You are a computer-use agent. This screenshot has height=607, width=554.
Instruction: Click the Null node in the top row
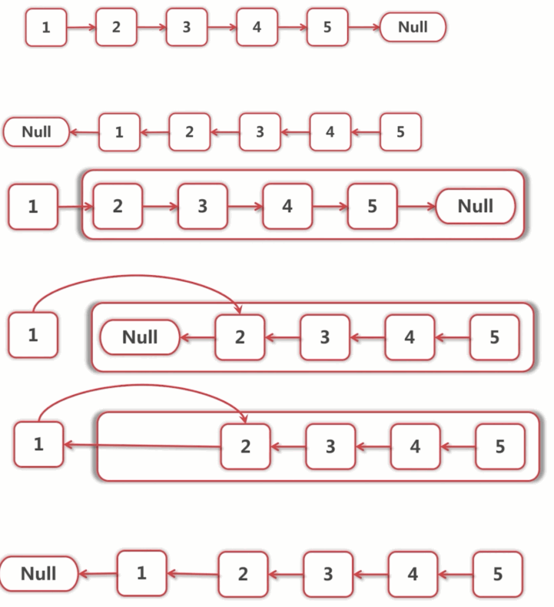tap(413, 28)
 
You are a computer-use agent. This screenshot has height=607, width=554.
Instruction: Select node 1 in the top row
tap(46, 28)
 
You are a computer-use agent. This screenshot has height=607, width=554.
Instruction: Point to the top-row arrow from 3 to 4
tap(222, 28)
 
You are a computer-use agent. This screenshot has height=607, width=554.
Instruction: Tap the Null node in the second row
tap(36, 131)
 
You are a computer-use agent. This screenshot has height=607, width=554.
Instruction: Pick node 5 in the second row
tap(400, 132)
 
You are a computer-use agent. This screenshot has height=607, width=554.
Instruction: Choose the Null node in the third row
tap(475, 206)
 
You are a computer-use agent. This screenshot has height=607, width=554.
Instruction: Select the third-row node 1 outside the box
tap(33, 207)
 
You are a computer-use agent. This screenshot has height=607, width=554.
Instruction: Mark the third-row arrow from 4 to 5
tap(330, 207)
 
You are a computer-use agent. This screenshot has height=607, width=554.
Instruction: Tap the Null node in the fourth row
tap(140, 337)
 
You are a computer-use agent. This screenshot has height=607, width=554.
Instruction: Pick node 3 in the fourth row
tap(324, 337)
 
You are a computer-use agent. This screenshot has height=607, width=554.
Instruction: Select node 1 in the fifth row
tap(38, 444)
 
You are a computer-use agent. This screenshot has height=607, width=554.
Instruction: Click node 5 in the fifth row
tap(499, 446)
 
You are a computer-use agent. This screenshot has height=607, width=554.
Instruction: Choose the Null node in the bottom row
tap(38, 573)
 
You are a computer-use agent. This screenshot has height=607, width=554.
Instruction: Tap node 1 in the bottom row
tap(141, 573)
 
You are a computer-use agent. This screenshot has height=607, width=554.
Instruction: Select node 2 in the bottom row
tap(243, 574)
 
